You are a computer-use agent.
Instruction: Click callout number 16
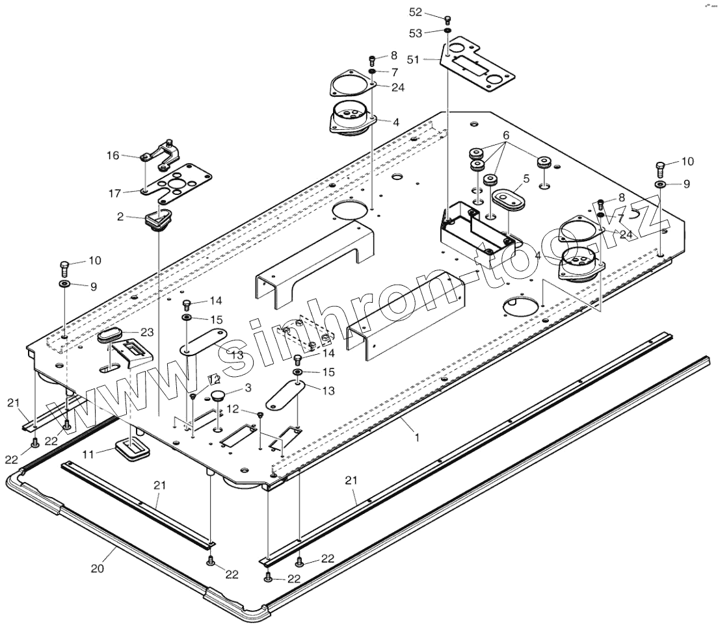pos(113,156)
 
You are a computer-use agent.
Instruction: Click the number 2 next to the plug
pos(120,218)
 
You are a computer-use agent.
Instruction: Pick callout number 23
pos(147,332)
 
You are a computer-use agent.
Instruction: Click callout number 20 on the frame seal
pos(98,569)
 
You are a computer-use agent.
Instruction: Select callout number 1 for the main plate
pos(416,438)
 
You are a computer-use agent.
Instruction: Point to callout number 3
pos(247,388)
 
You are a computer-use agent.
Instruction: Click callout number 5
pos(525,178)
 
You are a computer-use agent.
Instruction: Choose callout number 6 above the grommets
pos(505,136)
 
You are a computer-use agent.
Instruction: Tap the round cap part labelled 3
pos(217,395)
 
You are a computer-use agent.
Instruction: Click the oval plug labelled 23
pos(109,337)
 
